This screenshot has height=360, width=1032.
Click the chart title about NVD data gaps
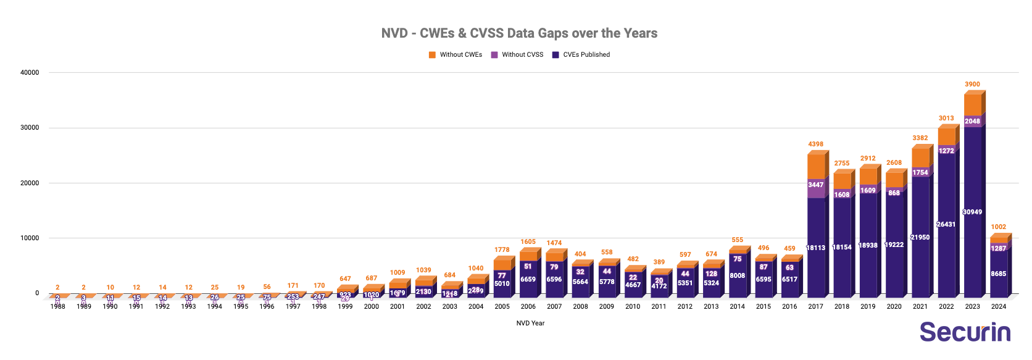click(x=519, y=33)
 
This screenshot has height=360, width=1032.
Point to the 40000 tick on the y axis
click(x=30, y=73)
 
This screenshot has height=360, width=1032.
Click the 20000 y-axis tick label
click(x=30, y=183)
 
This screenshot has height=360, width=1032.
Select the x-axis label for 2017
click(x=815, y=306)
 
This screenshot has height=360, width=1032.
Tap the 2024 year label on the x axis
click(x=998, y=306)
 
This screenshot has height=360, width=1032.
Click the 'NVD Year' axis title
click(x=530, y=323)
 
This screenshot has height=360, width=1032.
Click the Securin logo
click(x=965, y=332)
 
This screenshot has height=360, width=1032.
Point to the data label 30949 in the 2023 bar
click(x=972, y=212)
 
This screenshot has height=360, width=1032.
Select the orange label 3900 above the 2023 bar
click(x=972, y=85)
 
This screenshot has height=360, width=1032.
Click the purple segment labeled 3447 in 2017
click(x=815, y=185)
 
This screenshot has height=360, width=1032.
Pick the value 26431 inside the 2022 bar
click(x=946, y=225)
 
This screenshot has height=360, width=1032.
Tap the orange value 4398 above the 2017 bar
click(x=815, y=144)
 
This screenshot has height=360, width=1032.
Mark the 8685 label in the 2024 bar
click(x=998, y=274)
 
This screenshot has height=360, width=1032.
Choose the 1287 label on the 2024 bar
click(x=998, y=249)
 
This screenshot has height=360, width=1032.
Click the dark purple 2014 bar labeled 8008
click(x=737, y=276)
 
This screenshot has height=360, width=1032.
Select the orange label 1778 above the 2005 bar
click(x=502, y=250)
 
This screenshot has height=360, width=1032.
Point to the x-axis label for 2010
click(x=633, y=306)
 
